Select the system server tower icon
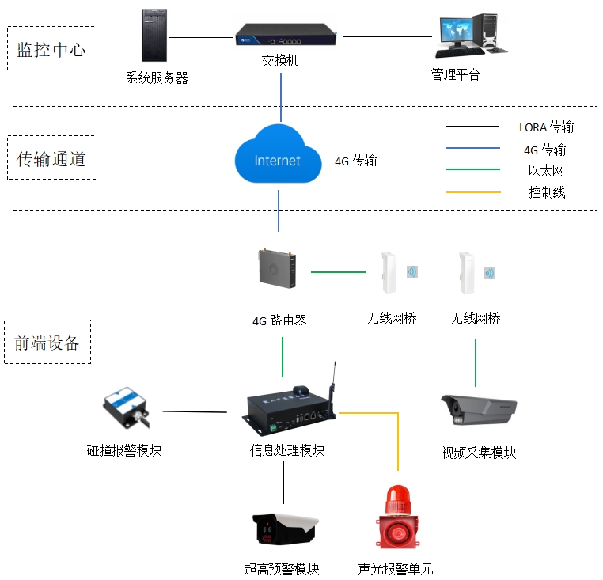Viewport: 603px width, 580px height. pos(154,36)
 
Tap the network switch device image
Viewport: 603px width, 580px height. pos(286,35)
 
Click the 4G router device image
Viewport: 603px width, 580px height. pos(277,268)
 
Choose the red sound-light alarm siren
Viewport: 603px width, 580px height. pos(397,517)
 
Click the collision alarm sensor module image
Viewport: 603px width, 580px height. pos(126,408)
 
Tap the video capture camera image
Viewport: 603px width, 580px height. pos(479,410)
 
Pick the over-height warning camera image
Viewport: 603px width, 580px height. pos(286,529)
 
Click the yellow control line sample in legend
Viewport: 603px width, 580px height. pos(473,192)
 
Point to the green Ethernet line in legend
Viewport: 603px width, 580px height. pos(472,169)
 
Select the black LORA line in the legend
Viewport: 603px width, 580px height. pos(472,127)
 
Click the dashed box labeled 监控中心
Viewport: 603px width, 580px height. pos(52,27)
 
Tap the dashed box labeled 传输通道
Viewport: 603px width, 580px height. pos(52,136)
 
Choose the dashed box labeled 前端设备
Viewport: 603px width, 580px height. pos(47,320)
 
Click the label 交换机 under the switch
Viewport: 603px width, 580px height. pos(280,60)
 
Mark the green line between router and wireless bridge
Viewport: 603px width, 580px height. pos(339,272)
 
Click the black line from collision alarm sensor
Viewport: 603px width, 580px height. pos(195,411)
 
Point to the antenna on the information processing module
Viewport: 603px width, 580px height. pos(332,389)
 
